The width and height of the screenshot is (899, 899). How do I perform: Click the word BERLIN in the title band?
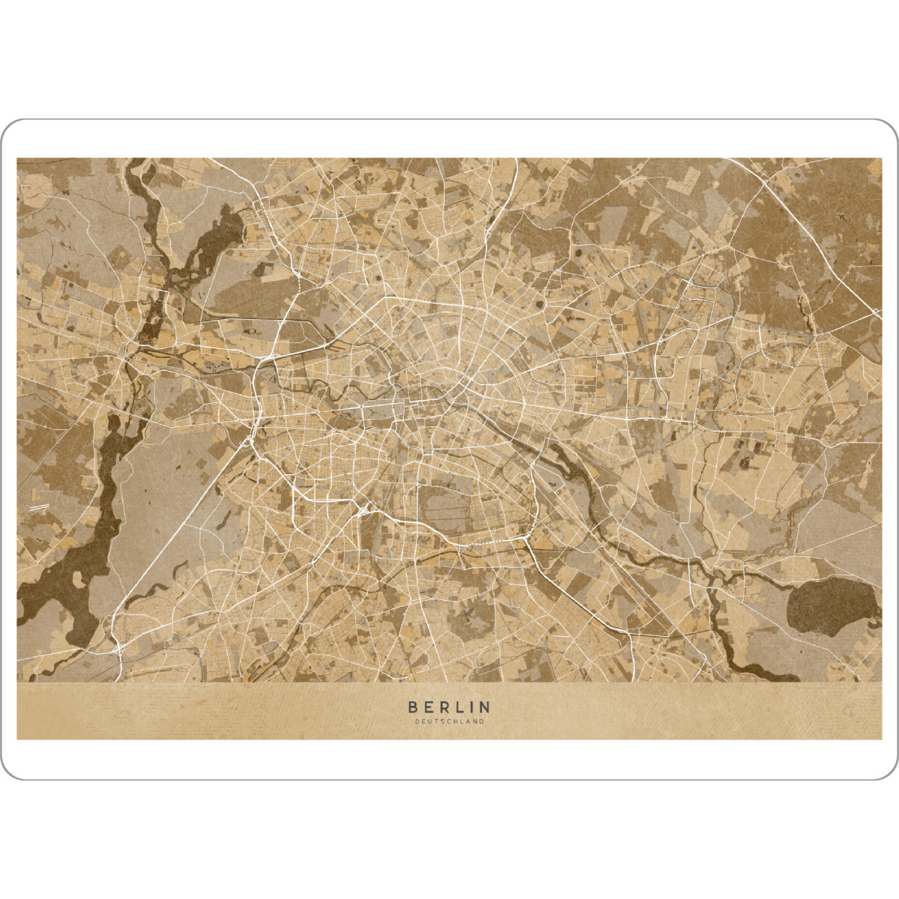(449, 706)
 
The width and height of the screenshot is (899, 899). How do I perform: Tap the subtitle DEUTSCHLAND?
(449, 722)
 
